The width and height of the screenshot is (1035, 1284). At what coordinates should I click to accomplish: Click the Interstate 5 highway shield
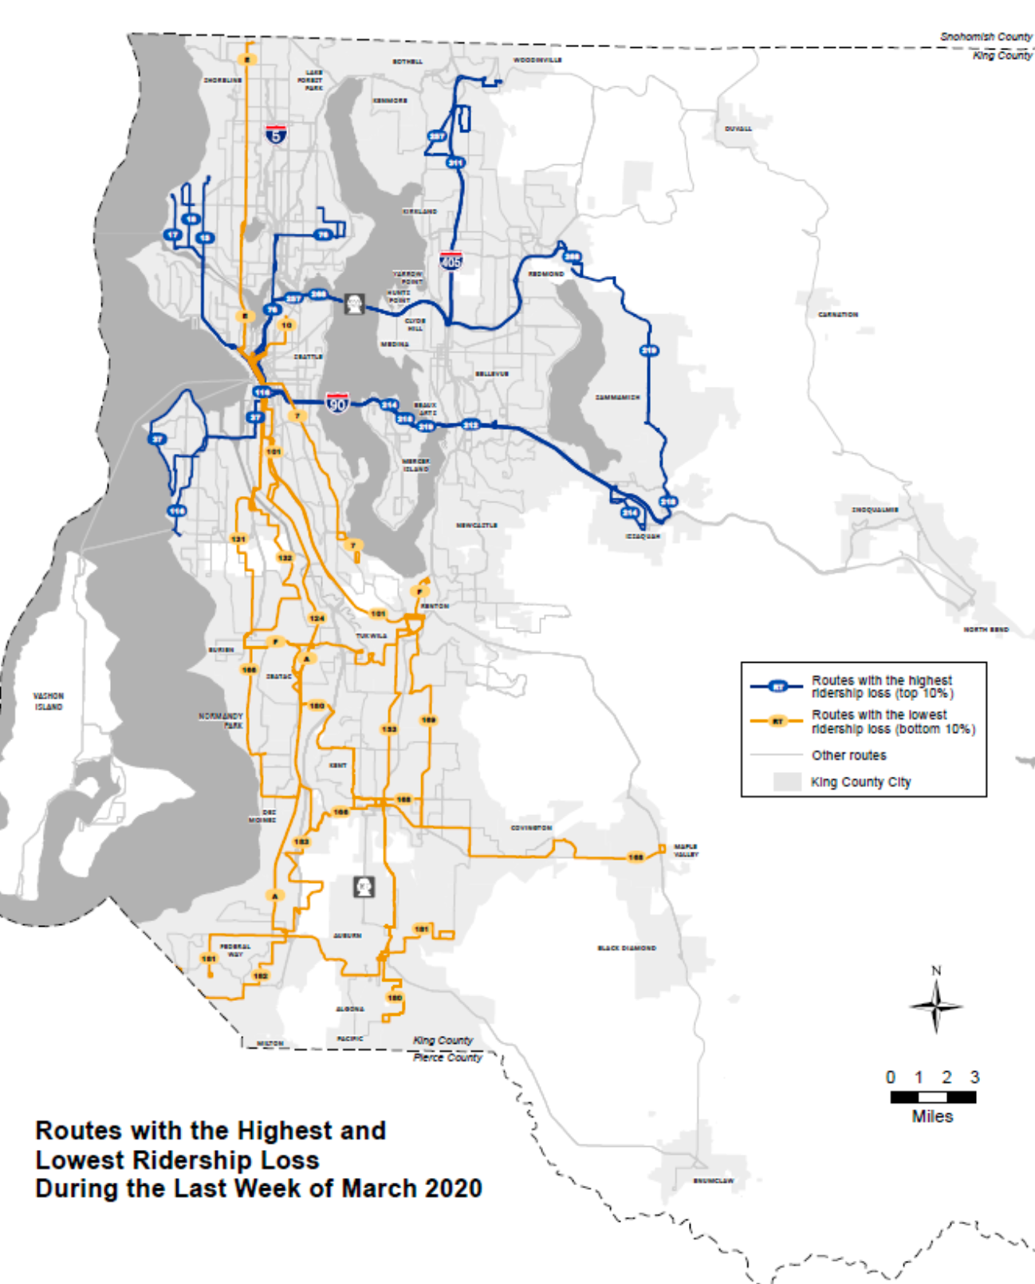click(276, 134)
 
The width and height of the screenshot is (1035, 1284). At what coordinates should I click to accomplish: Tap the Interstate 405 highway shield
click(451, 260)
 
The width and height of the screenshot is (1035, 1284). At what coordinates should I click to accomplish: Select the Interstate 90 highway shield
click(337, 403)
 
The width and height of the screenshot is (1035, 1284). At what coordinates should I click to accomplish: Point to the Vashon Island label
click(49, 701)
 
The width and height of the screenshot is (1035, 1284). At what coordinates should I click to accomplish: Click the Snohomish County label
click(986, 37)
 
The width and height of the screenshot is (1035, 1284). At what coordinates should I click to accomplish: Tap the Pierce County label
click(447, 1058)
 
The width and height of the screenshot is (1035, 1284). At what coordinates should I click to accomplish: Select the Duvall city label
click(738, 128)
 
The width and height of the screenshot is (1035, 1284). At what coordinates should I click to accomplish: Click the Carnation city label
click(837, 314)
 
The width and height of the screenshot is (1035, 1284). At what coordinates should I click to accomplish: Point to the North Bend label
click(986, 629)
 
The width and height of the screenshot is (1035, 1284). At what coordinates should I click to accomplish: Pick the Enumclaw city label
click(713, 1180)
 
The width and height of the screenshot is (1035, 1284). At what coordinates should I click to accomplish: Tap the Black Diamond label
click(627, 948)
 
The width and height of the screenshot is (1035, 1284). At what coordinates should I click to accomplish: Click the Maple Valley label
click(686, 850)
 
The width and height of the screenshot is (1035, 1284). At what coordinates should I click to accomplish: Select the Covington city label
click(531, 828)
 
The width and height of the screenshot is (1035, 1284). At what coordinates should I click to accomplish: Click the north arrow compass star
click(936, 1006)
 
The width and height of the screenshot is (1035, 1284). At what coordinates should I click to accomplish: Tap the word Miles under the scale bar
click(932, 1117)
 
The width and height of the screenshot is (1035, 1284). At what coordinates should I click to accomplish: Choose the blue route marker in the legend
click(777, 687)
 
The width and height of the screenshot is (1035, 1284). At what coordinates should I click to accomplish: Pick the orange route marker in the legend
click(777, 721)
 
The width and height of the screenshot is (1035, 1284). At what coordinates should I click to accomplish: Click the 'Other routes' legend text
click(848, 755)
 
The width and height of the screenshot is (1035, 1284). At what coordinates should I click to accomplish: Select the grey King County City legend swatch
click(786, 782)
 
